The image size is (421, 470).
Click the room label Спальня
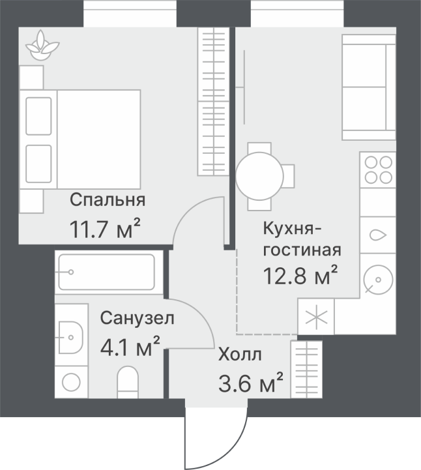pyautogui.click(x=108, y=201)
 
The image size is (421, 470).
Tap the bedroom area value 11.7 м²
pyautogui.click(x=105, y=229)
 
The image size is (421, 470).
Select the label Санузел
pyautogui.click(x=137, y=318)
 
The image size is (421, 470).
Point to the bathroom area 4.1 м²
pyautogui.click(x=130, y=347)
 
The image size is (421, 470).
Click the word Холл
pyautogui.click(x=240, y=355)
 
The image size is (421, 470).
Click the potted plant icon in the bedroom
pyautogui.click(x=42, y=45)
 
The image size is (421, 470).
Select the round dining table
pyautogui.click(x=259, y=176)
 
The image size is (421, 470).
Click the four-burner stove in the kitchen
pyautogui.click(x=378, y=169)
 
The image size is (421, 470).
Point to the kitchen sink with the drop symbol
pyautogui.click(x=378, y=235)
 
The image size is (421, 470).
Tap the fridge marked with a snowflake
pyautogui.click(x=316, y=317)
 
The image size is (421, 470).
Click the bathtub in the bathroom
pyautogui.click(x=107, y=272)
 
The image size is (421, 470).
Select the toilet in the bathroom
pyautogui.click(x=127, y=382)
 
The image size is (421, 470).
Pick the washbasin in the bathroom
pyautogui.click(x=71, y=338)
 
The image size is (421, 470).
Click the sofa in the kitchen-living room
pyautogui.click(x=369, y=87)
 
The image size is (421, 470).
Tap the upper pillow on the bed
pyautogui.click(x=38, y=116)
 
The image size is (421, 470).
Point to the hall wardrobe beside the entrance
pyautogui.click(x=306, y=370)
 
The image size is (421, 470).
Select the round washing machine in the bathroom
pyautogui.click(x=71, y=383)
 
